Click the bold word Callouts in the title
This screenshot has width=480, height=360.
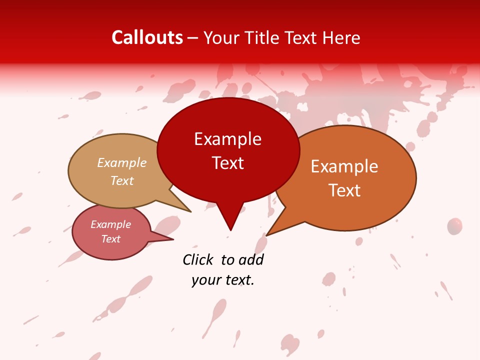coord(147,37)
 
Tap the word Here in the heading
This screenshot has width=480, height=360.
coord(342,37)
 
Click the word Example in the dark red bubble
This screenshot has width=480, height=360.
coord(228,139)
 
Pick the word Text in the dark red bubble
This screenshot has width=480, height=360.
coord(228,163)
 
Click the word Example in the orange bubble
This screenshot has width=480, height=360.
coord(344,166)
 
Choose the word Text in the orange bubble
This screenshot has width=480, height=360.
coord(344,190)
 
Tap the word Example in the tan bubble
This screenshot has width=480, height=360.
coord(122,163)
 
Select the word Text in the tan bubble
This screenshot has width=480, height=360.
coord(122,180)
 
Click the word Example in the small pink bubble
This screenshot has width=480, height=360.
coord(111,224)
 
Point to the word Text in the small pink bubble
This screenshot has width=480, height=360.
coord(111,239)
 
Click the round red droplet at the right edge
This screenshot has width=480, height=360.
coord(454,226)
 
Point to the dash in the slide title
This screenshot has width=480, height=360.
coord(193,38)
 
